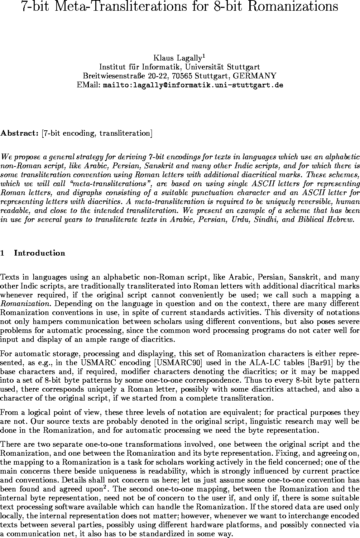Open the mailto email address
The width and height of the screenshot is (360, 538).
pyautogui.click(x=193, y=85)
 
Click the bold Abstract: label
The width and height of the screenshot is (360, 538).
pyautogui.click(x=20, y=134)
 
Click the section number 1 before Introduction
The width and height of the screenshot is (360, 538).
pyautogui.click(x=3, y=253)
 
